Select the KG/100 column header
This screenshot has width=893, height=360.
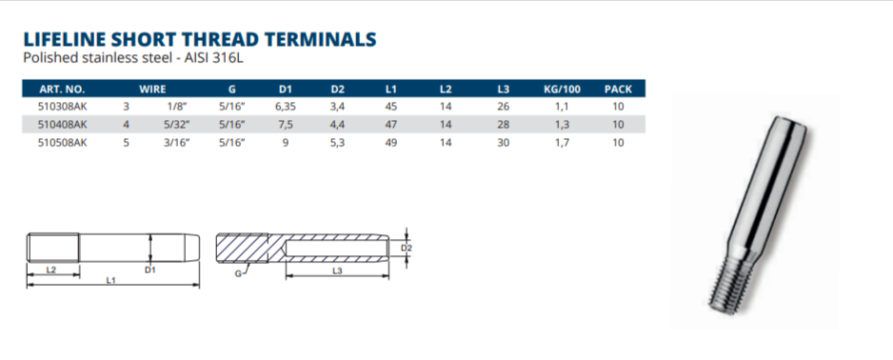click(562, 89)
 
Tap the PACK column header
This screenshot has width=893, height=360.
click(618, 89)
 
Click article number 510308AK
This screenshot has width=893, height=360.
click(63, 107)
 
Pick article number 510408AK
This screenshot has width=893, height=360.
click(63, 124)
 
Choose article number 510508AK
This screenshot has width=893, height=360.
click(63, 143)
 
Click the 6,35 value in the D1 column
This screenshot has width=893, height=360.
click(285, 107)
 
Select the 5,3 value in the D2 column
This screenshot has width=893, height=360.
click(338, 143)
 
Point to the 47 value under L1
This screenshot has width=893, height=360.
click(391, 124)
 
